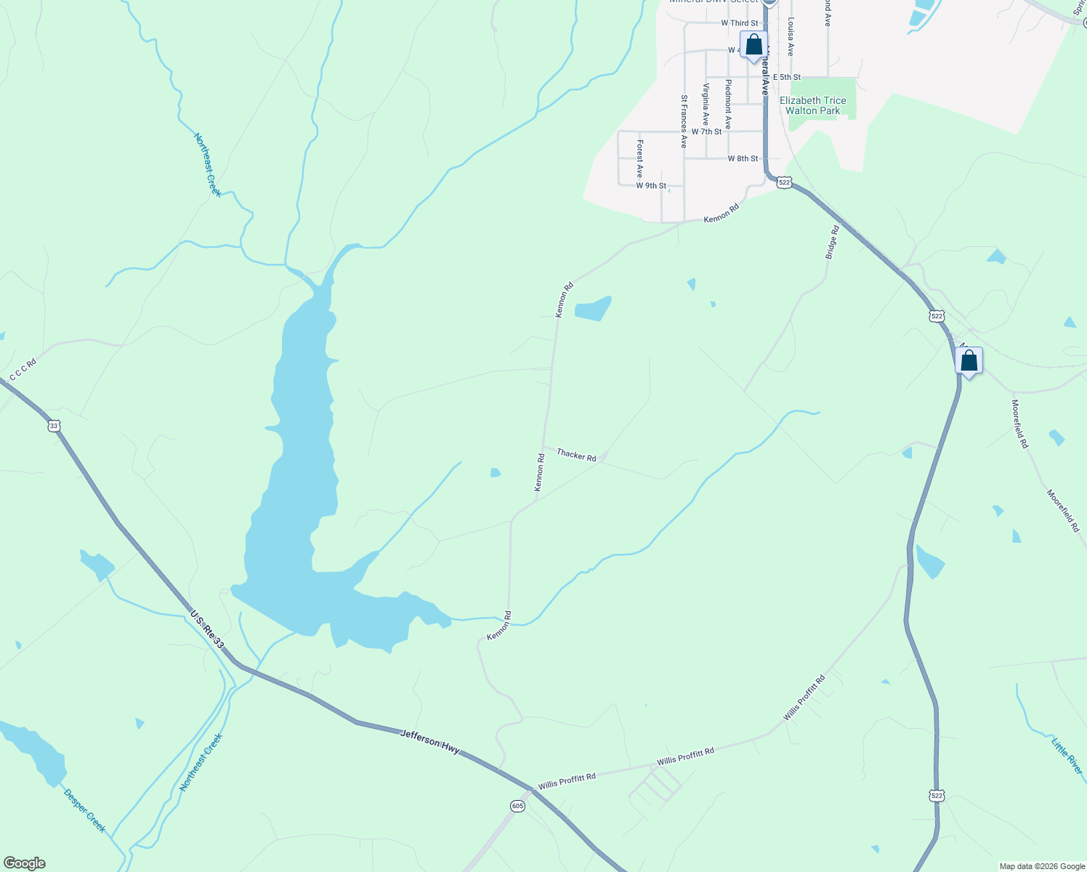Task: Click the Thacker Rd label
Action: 576,455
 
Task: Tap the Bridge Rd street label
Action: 832,242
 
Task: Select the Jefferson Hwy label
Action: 430,741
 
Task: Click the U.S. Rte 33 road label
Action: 207,629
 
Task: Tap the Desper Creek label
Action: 85,811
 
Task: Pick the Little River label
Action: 1067,756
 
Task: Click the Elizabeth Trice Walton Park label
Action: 812,106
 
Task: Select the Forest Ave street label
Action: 639,158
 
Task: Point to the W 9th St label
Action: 651,186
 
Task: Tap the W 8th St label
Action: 743,158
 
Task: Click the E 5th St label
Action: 787,77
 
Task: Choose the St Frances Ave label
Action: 684,121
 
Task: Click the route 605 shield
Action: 517,806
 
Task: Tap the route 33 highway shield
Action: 54,426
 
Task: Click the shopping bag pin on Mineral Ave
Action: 753,45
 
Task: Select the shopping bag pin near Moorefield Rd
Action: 969,360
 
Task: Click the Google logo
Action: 23,863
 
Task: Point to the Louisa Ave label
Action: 791,37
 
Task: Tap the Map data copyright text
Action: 1042,866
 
